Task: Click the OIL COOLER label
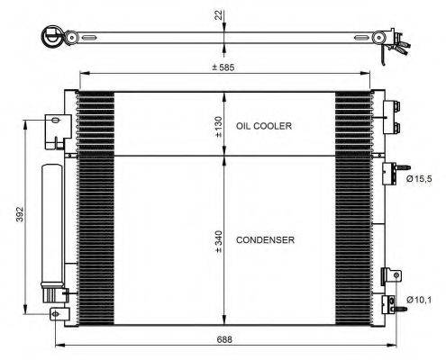pyautogui.click(x=263, y=127)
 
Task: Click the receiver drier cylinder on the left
pyautogui.click(x=50, y=225)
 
